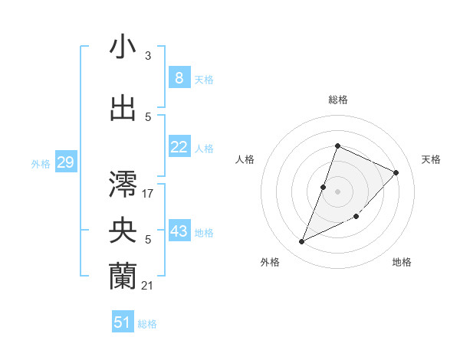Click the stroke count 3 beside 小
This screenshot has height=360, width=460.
pos(148,56)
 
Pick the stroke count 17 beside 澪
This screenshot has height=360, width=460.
pos(148,194)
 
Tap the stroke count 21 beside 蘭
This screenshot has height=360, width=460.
pos(148,286)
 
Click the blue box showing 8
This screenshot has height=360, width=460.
pos(179,78)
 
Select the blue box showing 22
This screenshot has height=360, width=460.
pos(179,147)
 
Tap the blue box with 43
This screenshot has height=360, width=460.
pos(179,231)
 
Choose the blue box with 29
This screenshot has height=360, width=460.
pos(65,162)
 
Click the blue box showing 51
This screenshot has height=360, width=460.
pos(123,322)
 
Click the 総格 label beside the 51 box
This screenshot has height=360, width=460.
pos(147,324)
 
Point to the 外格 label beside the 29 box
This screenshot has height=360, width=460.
pos(41,164)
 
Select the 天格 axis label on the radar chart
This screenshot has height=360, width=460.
pos(432,159)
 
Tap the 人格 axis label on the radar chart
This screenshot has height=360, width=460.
pos(245,159)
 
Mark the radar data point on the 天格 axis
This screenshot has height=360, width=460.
pos(396,172)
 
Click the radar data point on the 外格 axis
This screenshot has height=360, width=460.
pos(302,242)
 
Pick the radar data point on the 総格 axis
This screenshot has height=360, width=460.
pos(337,146)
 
